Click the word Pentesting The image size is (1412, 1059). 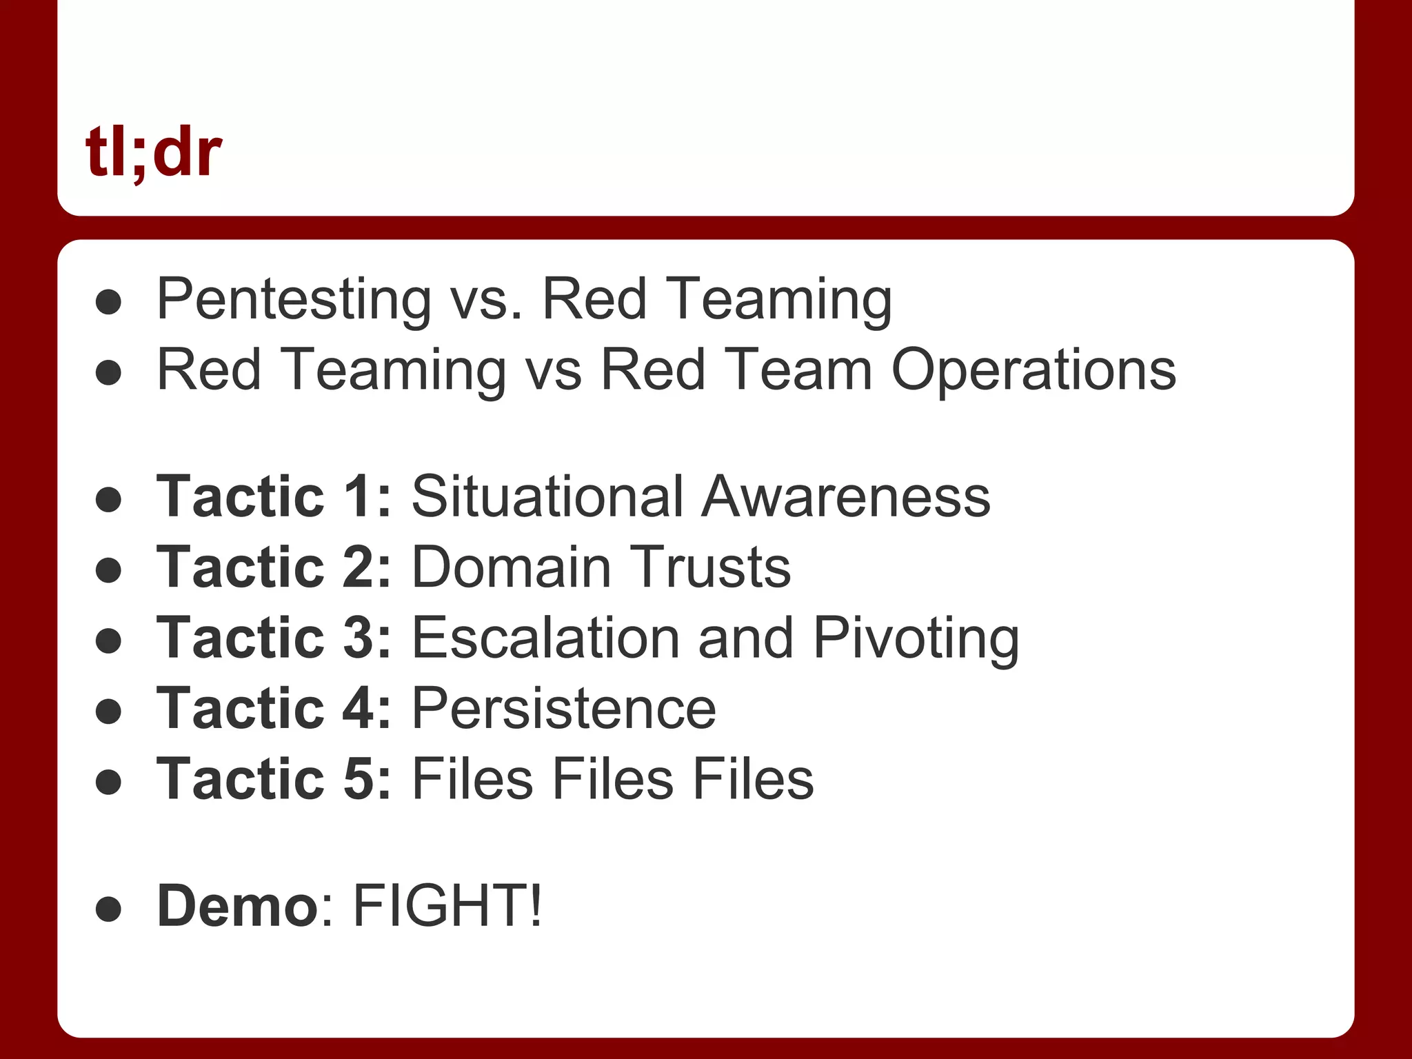click(x=294, y=300)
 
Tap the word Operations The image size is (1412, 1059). click(x=1033, y=370)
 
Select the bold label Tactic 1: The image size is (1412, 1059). click(x=274, y=496)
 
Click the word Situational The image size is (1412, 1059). click(x=548, y=496)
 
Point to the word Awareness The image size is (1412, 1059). click(x=846, y=496)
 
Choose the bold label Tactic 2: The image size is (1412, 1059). click(x=274, y=567)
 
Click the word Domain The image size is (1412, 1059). click(x=512, y=567)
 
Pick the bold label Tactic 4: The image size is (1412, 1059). click(x=274, y=709)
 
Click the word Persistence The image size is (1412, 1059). click(x=563, y=709)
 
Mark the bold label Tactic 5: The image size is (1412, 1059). click(x=274, y=779)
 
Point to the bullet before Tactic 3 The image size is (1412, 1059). click(x=109, y=641)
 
